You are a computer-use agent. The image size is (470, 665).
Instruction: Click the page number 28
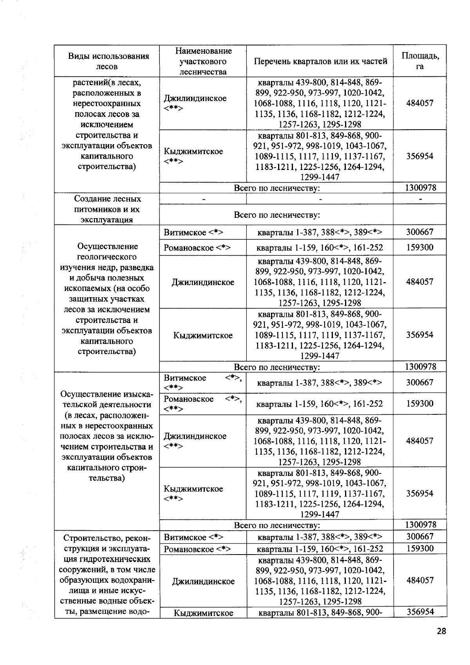pyautogui.click(x=441, y=631)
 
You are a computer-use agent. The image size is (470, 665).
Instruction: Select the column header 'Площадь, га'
pyautogui.click(x=420, y=61)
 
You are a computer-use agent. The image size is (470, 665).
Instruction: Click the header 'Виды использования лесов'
pyautogui.click(x=107, y=61)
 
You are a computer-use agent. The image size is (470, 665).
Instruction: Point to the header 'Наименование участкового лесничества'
pyautogui.click(x=203, y=61)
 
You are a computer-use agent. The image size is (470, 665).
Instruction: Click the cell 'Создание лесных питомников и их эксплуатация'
pyautogui.click(x=107, y=209)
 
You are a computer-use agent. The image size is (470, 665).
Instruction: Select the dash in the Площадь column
pyautogui.click(x=420, y=199)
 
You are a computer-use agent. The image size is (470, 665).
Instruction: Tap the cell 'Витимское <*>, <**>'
pyautogui.click(x=203, y=383)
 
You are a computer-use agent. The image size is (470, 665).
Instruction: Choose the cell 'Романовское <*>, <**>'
pyautogui.click(x=203, y=404)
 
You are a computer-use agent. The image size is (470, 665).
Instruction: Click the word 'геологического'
pyautogui.click(x=107, y=257)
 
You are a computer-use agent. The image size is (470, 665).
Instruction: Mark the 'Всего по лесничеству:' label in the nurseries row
pyautogui.click(x=277, y=215)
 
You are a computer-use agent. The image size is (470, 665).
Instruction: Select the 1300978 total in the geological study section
pyautogui.click(x=420, y=367)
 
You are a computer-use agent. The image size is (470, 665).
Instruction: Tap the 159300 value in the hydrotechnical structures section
pyautogui.click(x=420, y=548)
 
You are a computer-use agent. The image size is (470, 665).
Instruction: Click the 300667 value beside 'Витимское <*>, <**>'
pyautogui.click(x=420, y=383)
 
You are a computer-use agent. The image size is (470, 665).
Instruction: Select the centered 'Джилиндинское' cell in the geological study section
pyautogui.click(x=203, y=282)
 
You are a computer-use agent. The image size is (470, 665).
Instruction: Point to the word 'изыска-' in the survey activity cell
pyautogui.click(x=139, y=394)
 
